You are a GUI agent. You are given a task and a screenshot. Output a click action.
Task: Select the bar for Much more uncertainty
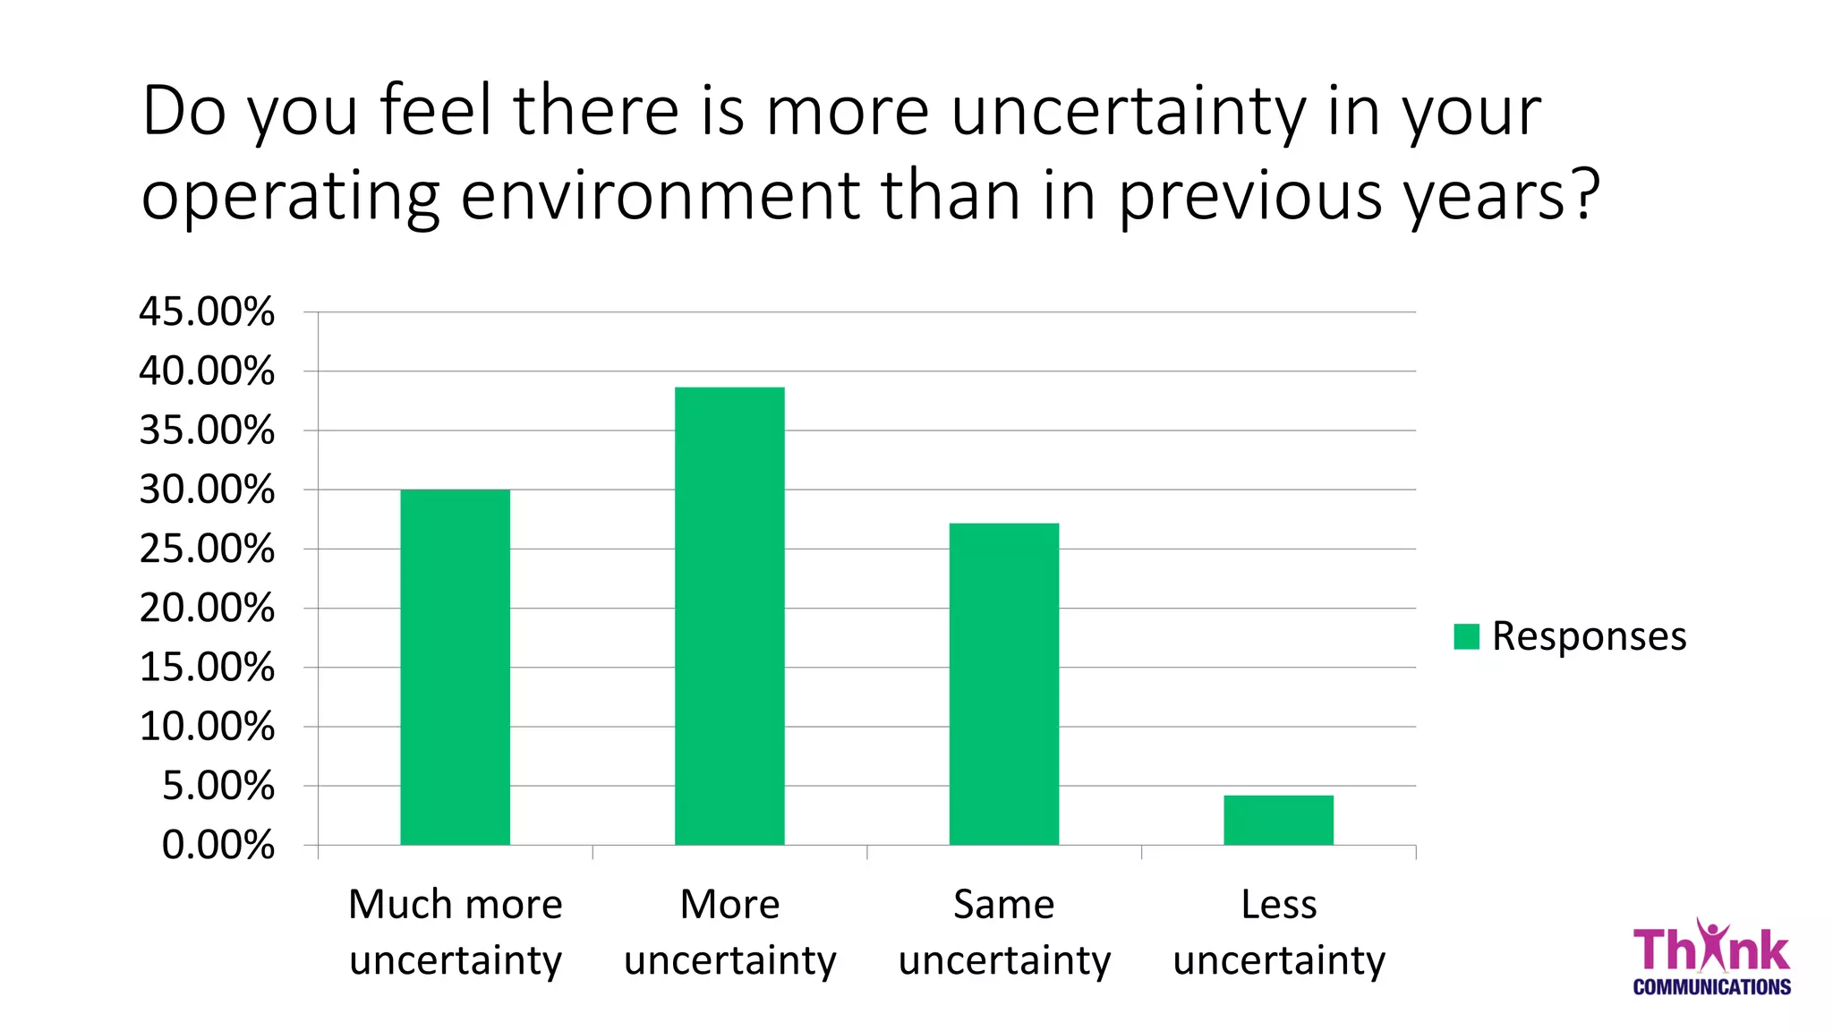point(455,667)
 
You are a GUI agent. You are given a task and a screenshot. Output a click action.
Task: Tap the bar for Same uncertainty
point(1003,684)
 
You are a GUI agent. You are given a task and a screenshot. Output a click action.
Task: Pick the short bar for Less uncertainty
point(1278,820)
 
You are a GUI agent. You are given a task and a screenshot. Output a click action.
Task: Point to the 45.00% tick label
point(207,312)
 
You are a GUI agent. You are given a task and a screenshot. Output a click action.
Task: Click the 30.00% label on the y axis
point(207,490)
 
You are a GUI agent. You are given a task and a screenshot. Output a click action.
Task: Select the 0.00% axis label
point(218,845)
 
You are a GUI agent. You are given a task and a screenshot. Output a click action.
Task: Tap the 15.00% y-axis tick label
point(207,668)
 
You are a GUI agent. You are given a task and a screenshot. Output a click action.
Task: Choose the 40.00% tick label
point(207,371)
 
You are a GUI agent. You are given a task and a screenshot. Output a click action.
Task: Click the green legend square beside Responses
point(1466,636)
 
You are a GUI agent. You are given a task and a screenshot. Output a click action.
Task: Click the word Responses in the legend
point(1589,636)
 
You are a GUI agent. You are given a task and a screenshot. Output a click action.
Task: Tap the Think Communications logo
point(1710,958)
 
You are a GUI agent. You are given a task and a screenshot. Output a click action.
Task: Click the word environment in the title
point(661,194)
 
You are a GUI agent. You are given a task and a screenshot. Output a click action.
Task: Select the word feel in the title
point(436,111)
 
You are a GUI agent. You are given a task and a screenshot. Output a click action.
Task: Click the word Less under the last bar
point(1278,905)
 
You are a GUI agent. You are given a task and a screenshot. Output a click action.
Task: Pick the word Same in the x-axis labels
point(1003,905)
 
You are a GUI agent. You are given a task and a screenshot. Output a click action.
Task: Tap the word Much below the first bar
point(400,905)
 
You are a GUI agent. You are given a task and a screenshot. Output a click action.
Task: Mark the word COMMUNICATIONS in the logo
point(1711,987)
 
